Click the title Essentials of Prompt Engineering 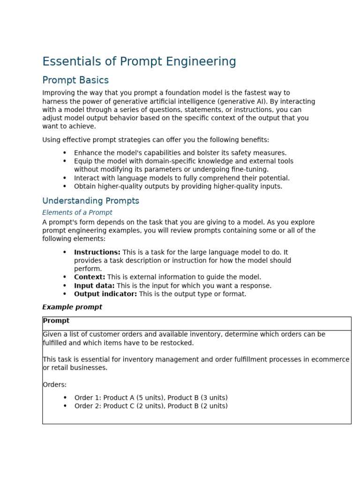point(139,62)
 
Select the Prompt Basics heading point(75,80)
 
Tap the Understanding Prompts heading point(90,201)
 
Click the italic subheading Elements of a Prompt point(77,213)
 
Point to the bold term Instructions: point(97,252)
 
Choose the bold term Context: point(90,277)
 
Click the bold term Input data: point(94,285)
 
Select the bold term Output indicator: point(105,294)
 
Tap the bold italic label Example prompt point(72,307)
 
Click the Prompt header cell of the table point(56,321)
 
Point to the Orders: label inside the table point(55,385)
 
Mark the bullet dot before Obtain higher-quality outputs point(65,187)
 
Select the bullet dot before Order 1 point(65,397)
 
